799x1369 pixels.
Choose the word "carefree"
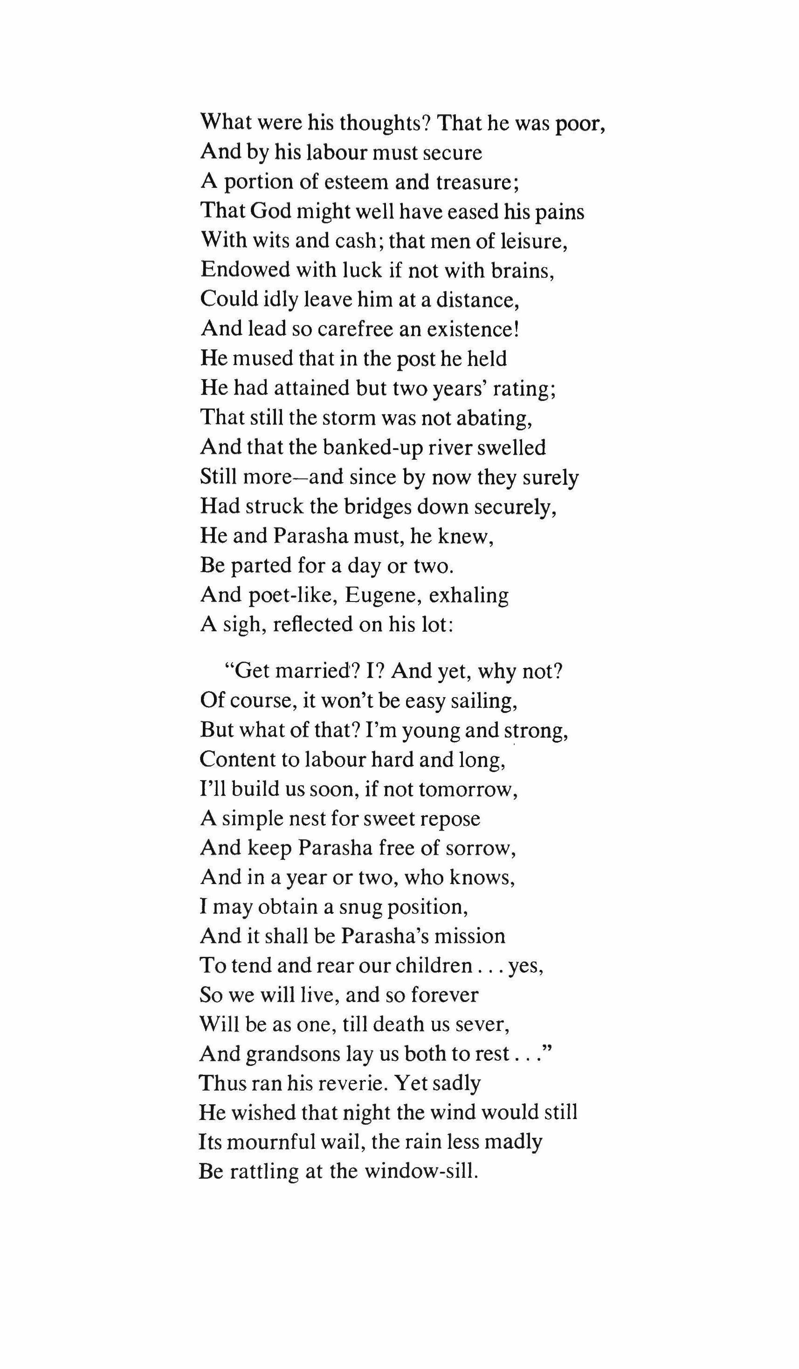[352, 329]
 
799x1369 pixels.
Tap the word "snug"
[361, 907]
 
